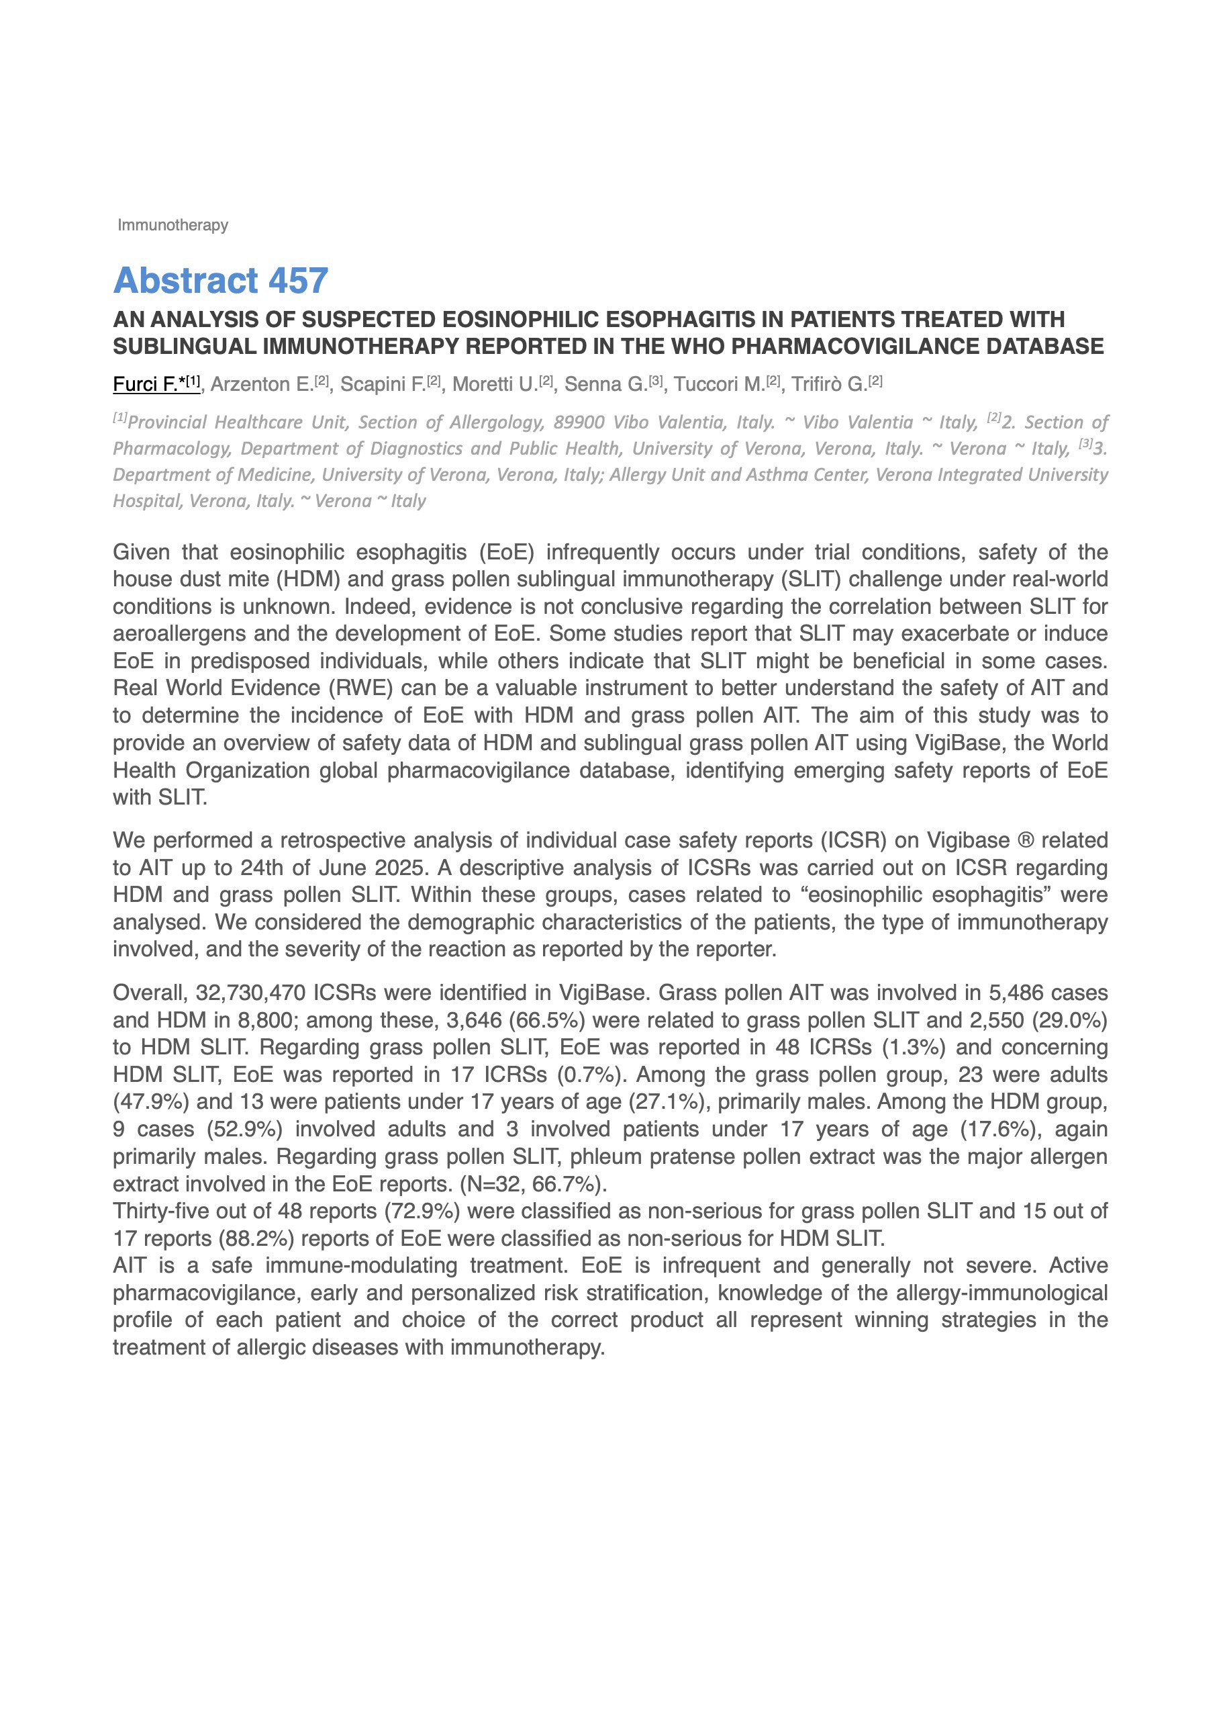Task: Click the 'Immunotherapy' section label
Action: click(173, 225)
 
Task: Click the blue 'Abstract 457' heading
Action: click(220, 281)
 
